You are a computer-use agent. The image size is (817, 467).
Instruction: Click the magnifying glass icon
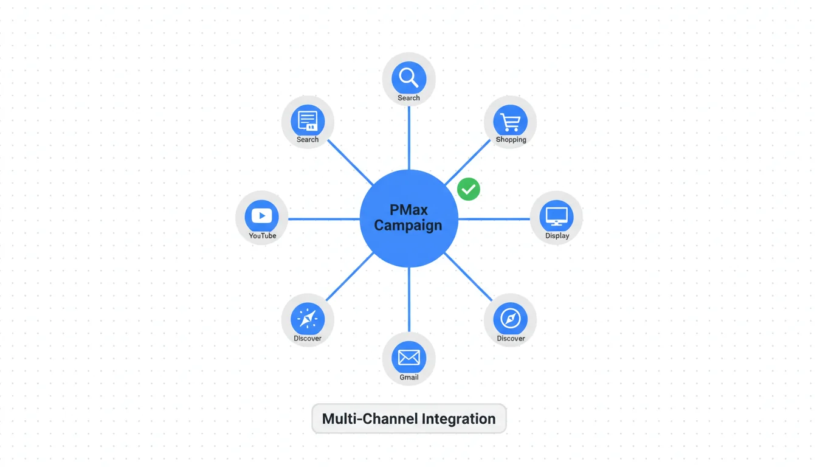(408, 78)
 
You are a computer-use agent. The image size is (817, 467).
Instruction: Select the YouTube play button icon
(262, 216)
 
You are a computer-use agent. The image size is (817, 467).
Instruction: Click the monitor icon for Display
(556, 216)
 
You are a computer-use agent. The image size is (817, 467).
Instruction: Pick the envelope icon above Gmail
(408, 357)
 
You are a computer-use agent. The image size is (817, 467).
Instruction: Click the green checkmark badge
(469, 189)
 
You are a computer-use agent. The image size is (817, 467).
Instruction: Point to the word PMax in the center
(408, 210)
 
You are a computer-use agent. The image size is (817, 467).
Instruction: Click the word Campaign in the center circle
(408, 226)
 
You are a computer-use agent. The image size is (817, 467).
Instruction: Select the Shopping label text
(511, 140)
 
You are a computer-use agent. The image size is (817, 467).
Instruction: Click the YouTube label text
(263, 236)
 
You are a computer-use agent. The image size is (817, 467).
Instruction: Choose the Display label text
(557, 236)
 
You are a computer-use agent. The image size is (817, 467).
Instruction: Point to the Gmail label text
(408, 378)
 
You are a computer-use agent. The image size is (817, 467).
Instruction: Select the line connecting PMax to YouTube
(323, 219)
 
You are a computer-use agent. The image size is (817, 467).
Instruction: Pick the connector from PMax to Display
(494, 219)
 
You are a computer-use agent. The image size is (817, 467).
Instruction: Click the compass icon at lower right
(510, 318)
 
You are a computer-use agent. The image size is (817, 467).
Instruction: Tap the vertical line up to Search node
(409, 137)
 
